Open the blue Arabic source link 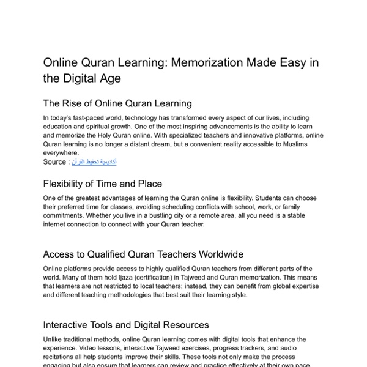[x=94, y=161]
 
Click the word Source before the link [x=55, y=161]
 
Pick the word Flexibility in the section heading [x=68, y=183]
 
